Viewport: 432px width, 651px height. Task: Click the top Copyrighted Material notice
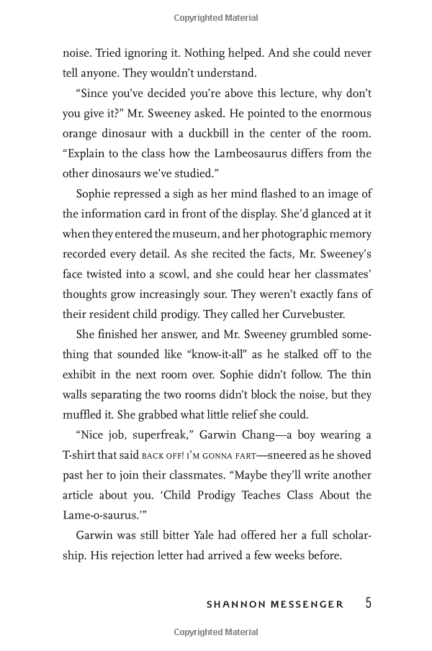215,15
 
